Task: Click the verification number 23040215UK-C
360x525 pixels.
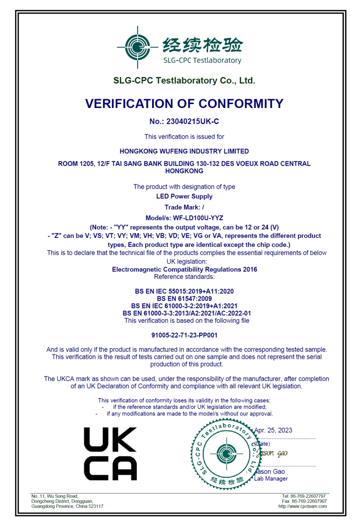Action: point(184,122)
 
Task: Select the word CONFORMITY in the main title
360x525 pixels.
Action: point(241,104)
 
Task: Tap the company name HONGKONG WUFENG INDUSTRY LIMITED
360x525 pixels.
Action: point(184,151)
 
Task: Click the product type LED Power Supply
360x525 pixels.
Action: point(184,196)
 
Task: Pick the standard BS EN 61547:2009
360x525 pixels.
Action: point(184,299)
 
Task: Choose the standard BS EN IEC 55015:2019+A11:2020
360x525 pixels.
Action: point(184,291)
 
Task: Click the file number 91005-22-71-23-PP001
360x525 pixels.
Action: point(184,335)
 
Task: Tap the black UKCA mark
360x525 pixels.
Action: point(110,454)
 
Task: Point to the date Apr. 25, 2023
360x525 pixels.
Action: point(273,430)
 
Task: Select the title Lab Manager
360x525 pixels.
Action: point(271,479)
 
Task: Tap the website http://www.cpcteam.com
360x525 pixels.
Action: point(302,506)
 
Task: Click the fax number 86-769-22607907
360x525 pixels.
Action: point(309,501)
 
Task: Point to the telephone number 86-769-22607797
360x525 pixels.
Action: point(309,496)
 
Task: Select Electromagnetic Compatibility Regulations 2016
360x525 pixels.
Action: point(184,269)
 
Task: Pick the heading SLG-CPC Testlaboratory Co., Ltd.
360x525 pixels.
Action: point(184,80)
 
